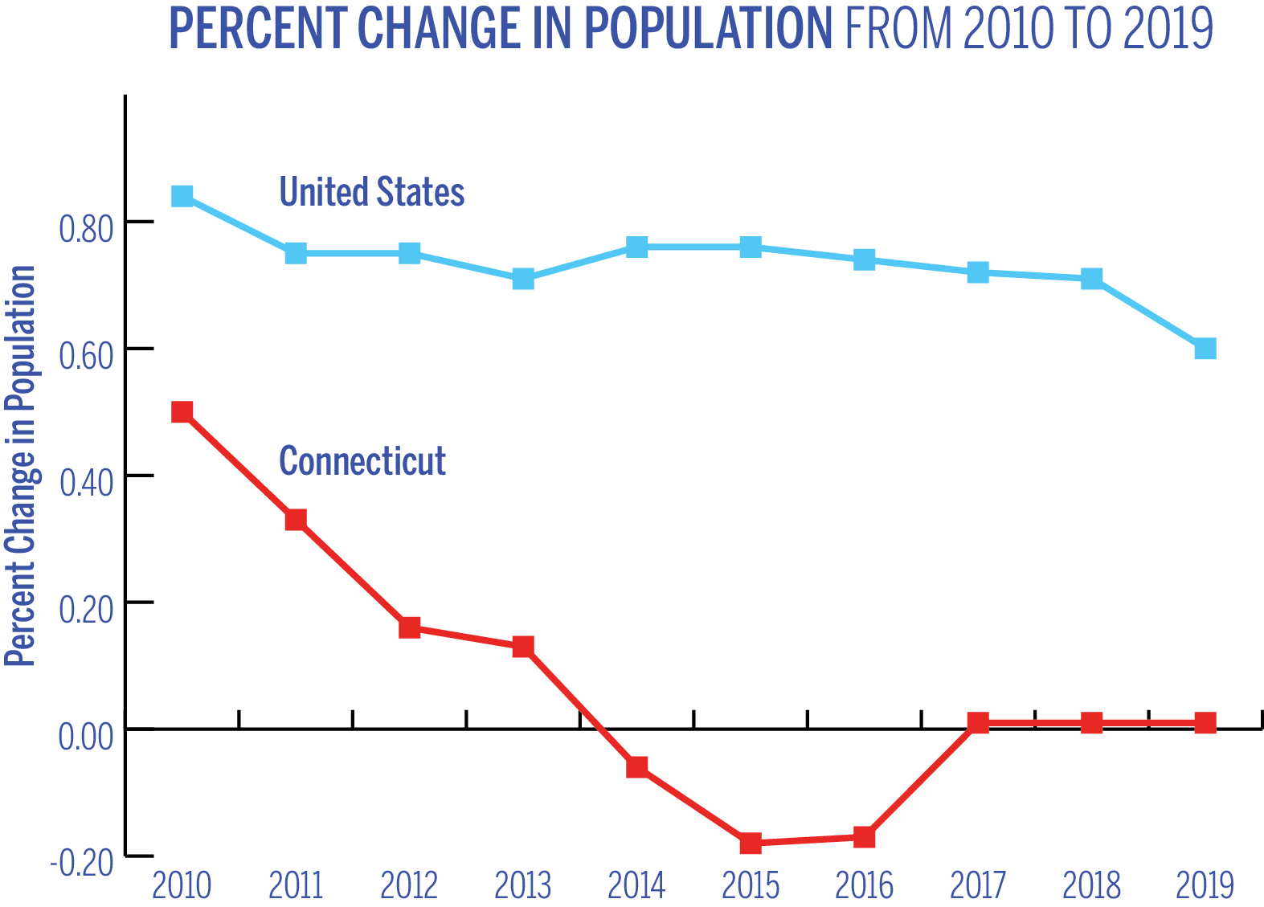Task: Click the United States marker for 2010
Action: coord(182,196)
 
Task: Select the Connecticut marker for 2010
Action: coord(182,412)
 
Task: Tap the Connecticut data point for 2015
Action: coord(751,843)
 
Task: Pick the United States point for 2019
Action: coord(1205,348)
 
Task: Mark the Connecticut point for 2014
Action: coord(637,767)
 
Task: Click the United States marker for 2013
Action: coord(523,279)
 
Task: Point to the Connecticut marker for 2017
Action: coord(978,723)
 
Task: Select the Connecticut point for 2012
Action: coord(410,627)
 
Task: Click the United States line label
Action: coord(371,193)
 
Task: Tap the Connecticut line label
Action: coord(362,461)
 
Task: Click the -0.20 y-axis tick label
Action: coord(82,864)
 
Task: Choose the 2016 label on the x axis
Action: coord(864,885)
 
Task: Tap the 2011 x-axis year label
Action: coord(296,885)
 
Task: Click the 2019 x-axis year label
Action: coord(1205,885)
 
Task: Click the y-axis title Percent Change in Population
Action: coord(21,466)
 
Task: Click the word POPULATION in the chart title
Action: coord(707,29)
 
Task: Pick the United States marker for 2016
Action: coord(864,259)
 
